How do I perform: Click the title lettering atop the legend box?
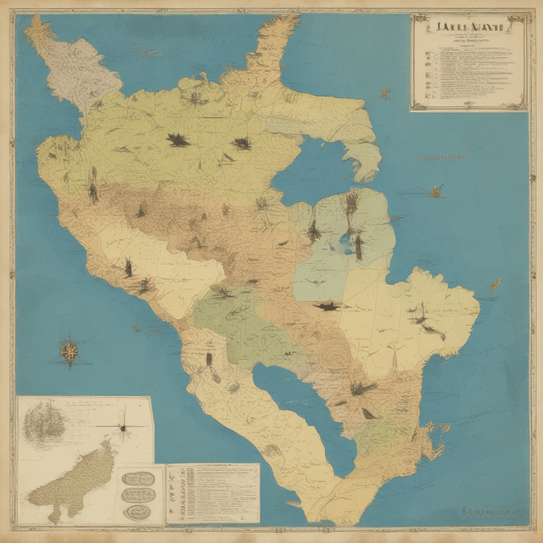pyautogui.click(x=468, y=26)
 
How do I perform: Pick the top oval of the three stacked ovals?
pyautogui.click(x=137, y=479)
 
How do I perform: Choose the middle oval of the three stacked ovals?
pyautogui.click(x=137, y=495)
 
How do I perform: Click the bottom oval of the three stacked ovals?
pyautogui.click(x=137, y=511)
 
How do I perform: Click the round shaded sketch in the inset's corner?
pyautogui.click(x=42, y=422)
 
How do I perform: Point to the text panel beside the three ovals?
pyautogui.click(x=212, y=491)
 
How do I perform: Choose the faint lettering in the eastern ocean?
pyautogui.click(x=445, y=157)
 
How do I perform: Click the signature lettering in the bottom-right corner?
pyautogui.click(x=492, y=512)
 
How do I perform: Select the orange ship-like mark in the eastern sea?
pyautogui.click(x=435, y=191)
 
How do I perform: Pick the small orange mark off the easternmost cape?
pyautogui.click(x=495, y=284)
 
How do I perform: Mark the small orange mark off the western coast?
pyautogui.click(x=136, y=327)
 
